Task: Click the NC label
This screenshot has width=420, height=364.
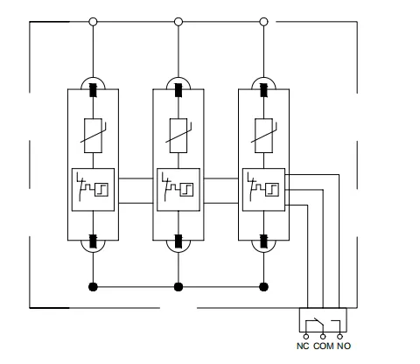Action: (303, 346)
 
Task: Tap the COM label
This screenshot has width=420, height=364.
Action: (324, 346)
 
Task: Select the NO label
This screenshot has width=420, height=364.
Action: (344, 346)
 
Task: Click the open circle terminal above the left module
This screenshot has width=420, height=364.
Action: (93, 22)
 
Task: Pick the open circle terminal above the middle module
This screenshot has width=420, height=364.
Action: (178, 22)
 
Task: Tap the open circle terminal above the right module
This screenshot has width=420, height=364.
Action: (263, 22)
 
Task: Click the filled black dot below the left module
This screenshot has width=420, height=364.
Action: (93, 287)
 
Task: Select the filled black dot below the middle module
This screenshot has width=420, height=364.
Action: (178, 287)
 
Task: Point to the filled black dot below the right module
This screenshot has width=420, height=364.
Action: (263, 287)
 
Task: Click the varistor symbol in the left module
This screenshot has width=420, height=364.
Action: (93, 136)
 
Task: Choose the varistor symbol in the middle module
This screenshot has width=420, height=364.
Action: (178, 136)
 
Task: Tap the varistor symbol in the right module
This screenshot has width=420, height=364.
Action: (264, 136)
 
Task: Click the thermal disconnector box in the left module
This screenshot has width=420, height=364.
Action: (93, 190)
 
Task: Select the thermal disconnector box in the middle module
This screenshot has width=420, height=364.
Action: (178, 190)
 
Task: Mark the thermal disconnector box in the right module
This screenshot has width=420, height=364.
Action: (263, 190)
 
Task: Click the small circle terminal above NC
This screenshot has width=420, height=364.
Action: (306, 337)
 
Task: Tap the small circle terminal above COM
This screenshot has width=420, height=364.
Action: (323, 337)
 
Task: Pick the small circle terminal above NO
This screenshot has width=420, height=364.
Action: (339, 337)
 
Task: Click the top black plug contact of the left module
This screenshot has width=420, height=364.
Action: (93, 90)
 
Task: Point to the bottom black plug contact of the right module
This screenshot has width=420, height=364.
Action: (263, 241)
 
